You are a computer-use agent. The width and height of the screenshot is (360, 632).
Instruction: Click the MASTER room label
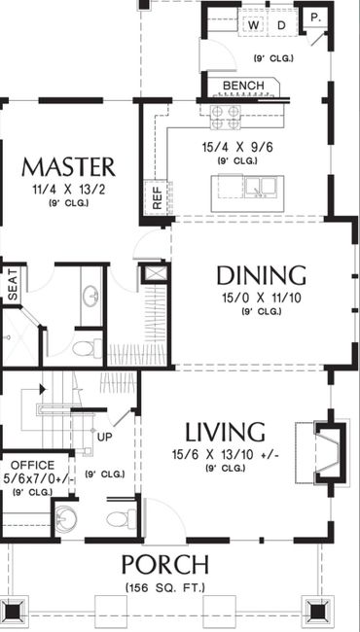[x=68, y=167]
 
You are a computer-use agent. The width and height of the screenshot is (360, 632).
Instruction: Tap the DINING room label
[x=261, y=276]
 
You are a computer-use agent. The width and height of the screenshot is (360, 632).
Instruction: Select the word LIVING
[x=225, y=432]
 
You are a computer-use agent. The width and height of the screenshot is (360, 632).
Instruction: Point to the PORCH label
[x=165, y=565]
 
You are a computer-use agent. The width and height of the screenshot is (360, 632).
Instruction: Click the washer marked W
[x=253, y=25]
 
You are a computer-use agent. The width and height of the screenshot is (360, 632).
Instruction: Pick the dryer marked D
[x=281, y=25]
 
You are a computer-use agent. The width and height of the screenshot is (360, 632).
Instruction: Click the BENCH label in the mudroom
[x=243, y=86]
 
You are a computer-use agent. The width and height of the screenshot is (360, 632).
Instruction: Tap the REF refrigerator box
[x=157, y=197]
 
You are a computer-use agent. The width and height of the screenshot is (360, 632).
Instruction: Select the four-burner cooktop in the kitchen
[x=226, y=118]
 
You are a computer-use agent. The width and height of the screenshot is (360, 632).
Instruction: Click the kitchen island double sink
[x=260, y=187]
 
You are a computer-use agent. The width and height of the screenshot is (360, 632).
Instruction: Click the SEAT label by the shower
[x=14, y=285]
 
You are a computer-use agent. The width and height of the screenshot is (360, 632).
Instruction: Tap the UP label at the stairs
[x=105, y=437]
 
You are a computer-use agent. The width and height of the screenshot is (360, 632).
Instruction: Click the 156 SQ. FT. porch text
[x=165, y=587]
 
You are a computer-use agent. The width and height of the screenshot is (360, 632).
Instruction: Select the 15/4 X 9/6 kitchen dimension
[x=237, y=147]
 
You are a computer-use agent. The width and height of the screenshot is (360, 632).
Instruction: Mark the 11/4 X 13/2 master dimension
[x=69, y=190]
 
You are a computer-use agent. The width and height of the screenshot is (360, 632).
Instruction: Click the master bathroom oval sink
[x=90, y=296]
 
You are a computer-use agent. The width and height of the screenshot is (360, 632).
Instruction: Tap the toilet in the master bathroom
[x=88, y=348]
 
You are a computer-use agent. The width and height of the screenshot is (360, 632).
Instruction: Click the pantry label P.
[x=315, y=18]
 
